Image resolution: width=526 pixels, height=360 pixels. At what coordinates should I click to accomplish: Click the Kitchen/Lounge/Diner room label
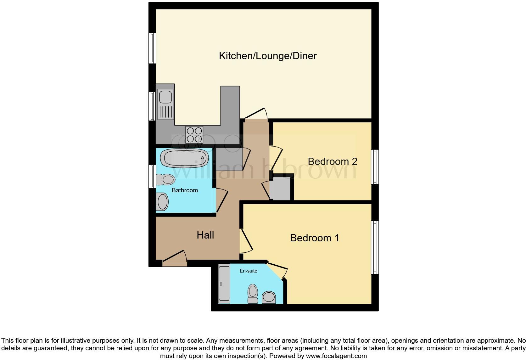click(x=268, y=56)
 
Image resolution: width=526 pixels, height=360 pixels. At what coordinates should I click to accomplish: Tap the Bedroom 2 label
click(x=332, y=161)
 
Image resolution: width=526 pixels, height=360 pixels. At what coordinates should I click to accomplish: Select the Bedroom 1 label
click(x=315, y=238)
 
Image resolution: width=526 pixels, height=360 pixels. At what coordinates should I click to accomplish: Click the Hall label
click(x=205, y=235)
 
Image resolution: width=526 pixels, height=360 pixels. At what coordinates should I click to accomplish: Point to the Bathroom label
click(x=185, y=190)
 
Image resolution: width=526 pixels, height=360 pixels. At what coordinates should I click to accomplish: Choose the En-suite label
click(x=248, y=271)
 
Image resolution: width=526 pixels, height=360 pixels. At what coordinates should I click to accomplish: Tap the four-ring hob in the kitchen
click(x=194, y=134)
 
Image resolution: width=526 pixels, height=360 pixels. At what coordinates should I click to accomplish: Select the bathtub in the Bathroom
click(x=184, y=158)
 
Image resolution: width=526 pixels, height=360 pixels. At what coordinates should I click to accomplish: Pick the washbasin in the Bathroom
click(x=163, y=202)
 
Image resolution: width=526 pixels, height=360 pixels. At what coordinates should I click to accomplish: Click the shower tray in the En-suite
click(x=224, y=284)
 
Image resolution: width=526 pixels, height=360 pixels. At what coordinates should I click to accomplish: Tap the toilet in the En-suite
click(x=253, y=294)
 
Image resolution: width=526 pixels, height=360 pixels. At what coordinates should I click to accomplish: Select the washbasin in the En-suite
click(x=269, y=297)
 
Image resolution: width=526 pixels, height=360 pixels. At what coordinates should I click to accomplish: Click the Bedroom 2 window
click(x=375, y=166)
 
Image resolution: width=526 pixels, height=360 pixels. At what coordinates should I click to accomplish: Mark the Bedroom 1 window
click(x=375, y=247)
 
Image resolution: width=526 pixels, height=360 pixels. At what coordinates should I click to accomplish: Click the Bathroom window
click(x=152, y=176)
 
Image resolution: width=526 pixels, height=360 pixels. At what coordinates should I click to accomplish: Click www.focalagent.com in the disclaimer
click(x=336, y=356)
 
